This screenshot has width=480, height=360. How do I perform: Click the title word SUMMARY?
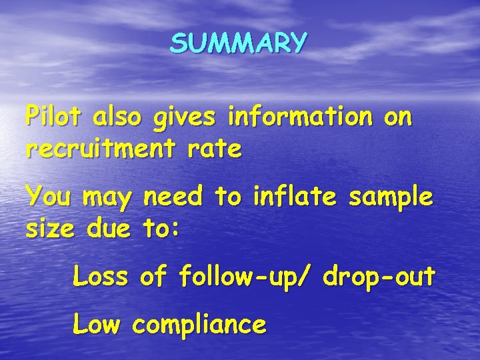click(239, 43)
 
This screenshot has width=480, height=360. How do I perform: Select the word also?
click(118, 117)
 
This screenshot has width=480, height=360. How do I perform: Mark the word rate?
click(215, 149)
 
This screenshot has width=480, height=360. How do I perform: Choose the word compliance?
click(199, 326)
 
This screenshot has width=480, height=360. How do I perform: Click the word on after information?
click(398, 117)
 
